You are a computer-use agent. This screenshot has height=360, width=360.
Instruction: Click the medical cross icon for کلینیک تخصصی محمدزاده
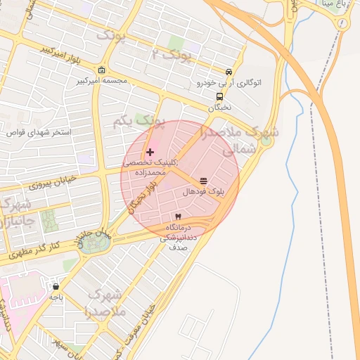point(150,152)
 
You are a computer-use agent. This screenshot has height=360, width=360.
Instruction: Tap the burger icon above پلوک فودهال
point(203,181)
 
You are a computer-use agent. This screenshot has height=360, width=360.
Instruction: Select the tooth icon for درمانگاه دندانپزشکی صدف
point(178,216)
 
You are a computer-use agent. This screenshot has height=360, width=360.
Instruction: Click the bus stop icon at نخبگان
point(220,97)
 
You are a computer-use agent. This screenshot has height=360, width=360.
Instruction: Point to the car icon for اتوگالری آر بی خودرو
point(229,72)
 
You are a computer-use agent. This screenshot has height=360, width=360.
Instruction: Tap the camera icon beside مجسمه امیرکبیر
point(103,70)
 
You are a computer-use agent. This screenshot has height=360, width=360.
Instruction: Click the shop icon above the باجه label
point(56,286)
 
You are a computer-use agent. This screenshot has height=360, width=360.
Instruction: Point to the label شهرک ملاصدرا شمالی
point(239,141)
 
